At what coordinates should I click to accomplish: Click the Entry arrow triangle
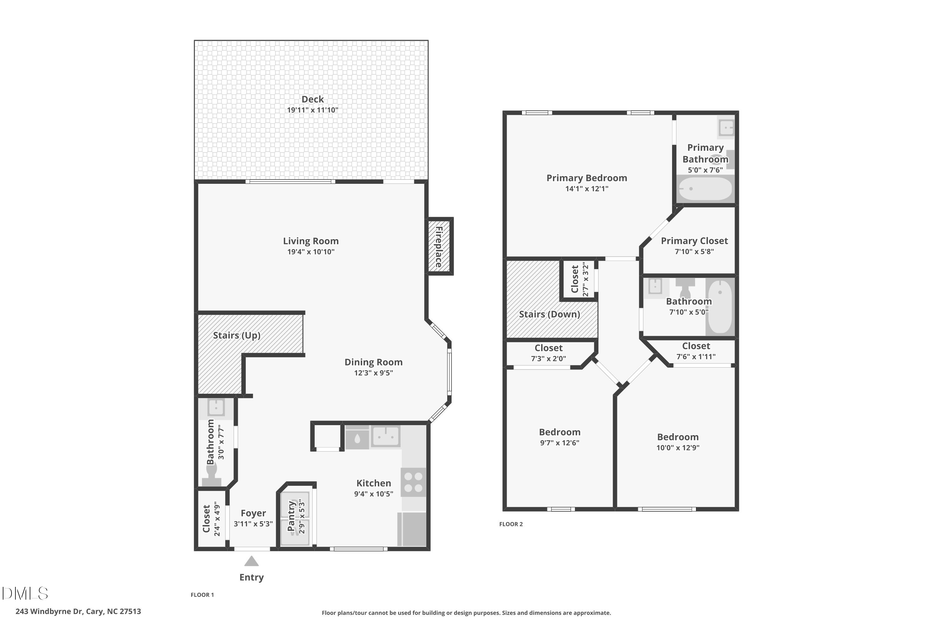click(x=252, y=561)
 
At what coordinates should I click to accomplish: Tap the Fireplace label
click(x=439, y=247)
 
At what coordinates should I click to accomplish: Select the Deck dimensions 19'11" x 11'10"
click(x=313, y=110)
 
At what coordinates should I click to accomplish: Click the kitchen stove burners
click(x=413, y=482)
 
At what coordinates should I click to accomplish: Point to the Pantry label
click(x=292, y=516)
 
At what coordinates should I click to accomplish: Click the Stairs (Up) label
click(x=237, y=335)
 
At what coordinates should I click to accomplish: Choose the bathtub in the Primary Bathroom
click(x=705, y=189)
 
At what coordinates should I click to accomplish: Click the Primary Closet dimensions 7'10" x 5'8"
click(x=694, y=252)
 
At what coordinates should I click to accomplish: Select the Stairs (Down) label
click(x=550, y=314)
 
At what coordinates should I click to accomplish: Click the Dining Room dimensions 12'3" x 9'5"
click(x=373, y=373)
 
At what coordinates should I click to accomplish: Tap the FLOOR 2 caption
click(x=511, y=524)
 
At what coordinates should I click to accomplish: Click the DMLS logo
click(x=25, y=593)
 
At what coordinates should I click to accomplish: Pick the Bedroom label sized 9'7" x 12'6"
click(x=559, y=432)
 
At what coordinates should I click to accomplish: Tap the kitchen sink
click(x=385, y=437)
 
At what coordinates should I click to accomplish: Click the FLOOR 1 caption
click(x=202, y=595)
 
